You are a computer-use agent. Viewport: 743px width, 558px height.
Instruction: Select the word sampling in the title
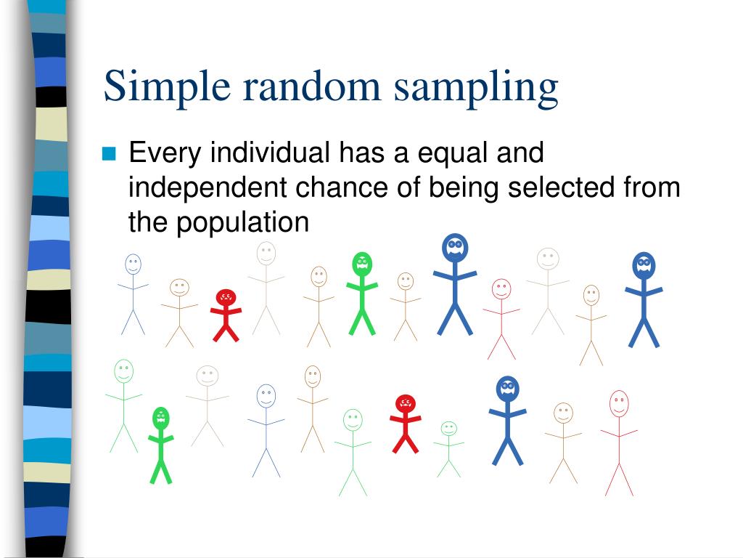(476, 86)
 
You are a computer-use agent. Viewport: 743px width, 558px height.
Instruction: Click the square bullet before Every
(110, 153)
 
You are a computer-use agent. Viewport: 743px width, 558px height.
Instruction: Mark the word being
(464, 188)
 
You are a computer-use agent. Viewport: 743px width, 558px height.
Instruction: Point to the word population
(241, 222)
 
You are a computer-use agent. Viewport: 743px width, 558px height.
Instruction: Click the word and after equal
(520, 153)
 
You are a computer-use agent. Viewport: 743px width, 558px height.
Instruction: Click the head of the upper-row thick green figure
(361, 264)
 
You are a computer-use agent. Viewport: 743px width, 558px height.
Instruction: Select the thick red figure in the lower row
(405, 424)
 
